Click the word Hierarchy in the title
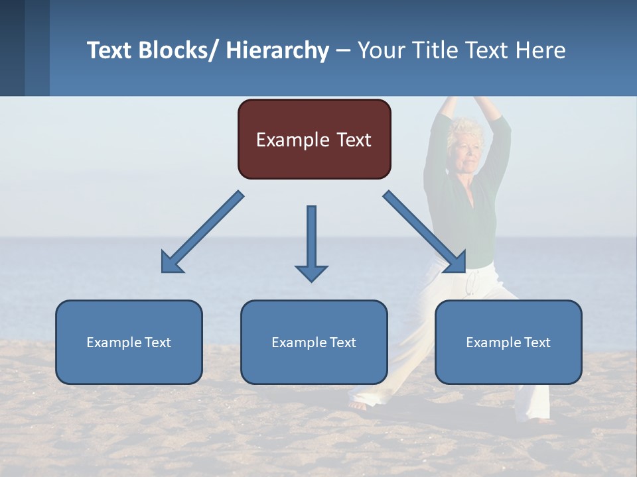277,50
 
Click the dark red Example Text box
314,140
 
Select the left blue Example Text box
129,343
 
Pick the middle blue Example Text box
314,343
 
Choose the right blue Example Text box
508,343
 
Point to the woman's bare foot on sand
358,404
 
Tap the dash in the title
343,52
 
